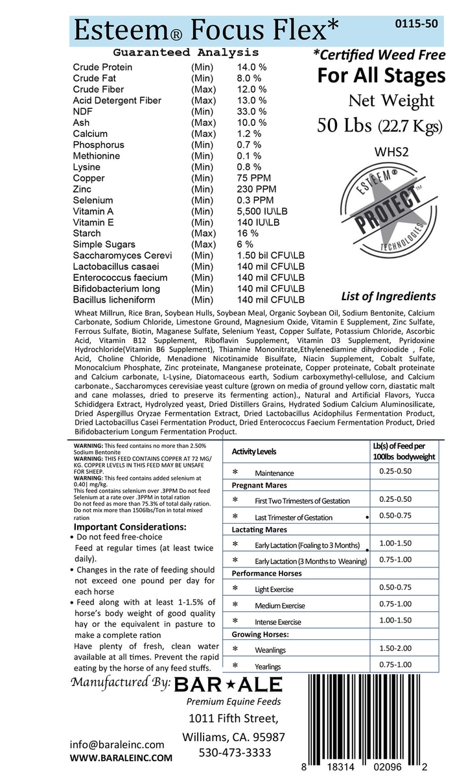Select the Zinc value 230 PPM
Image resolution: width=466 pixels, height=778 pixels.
click(256, 189)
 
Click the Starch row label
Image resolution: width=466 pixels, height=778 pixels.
click(87, 233)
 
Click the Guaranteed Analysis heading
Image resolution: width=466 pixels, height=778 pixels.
click(185, 53)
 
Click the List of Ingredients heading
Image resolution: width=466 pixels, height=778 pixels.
click(387, 297)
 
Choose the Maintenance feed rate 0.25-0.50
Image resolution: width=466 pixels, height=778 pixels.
click(395, 471)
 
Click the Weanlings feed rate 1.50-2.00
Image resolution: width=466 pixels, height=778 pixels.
click(395, 647)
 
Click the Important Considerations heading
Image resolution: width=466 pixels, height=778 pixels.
click(130, 526)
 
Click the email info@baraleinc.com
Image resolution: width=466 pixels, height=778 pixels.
click(117, 744)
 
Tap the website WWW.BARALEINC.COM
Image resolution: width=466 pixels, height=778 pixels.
click(121, 757)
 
